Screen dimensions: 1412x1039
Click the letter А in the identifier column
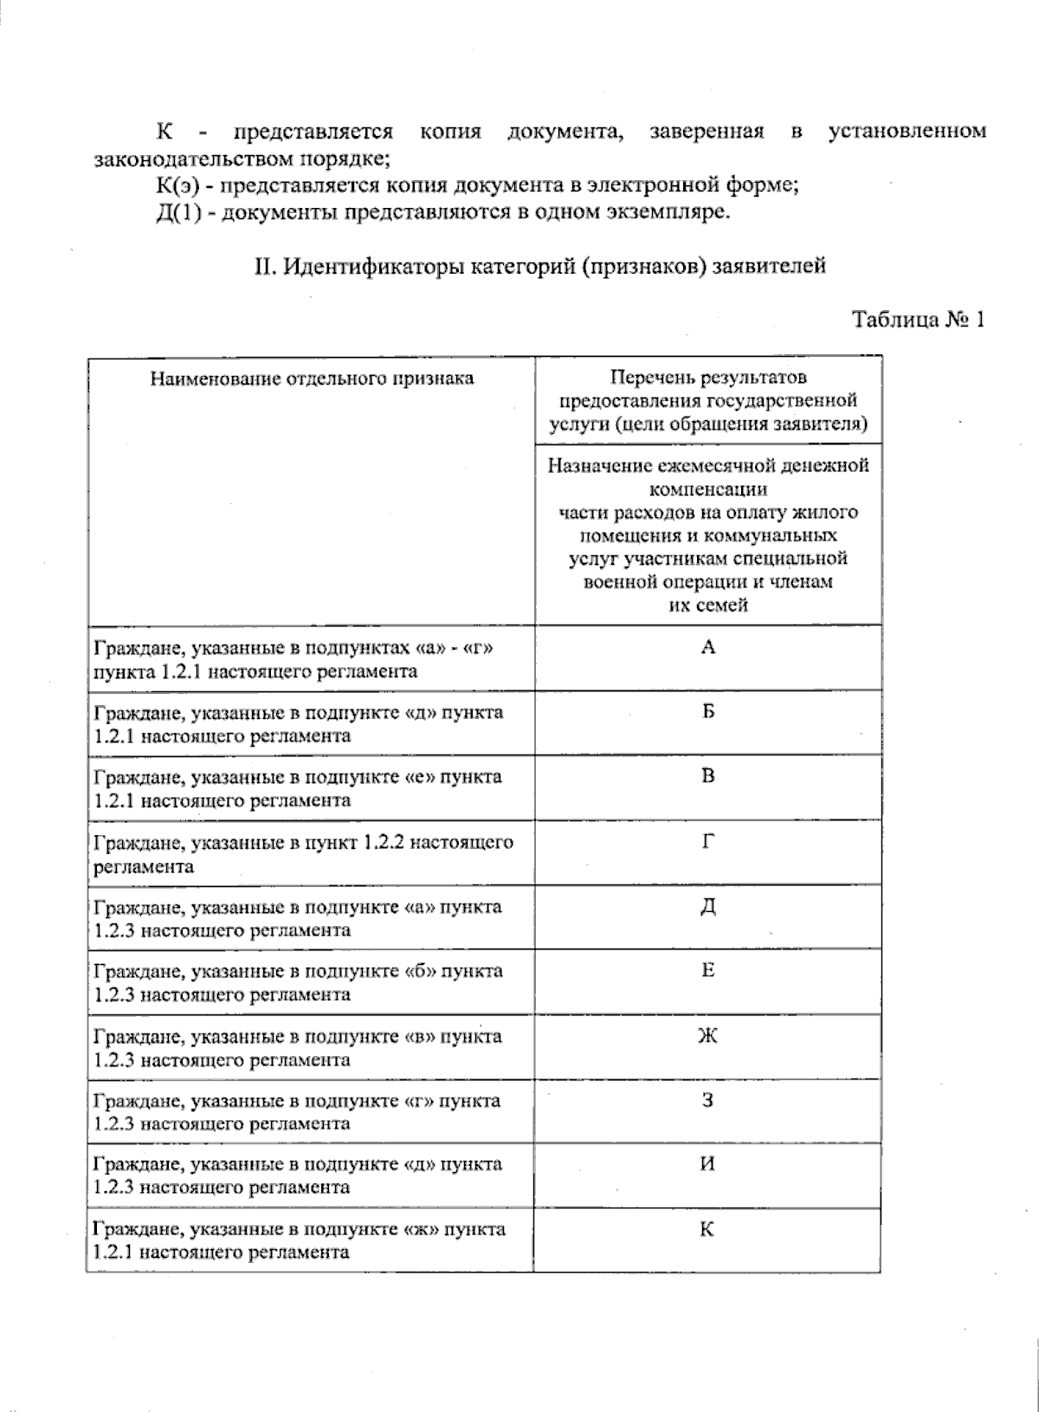tap(708, 647)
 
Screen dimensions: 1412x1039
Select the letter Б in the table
tap(708, 712)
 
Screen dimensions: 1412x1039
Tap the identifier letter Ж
tap(708, 1036)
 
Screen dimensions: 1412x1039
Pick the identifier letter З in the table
tap(708, 1101)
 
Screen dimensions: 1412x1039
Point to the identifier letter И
tap(708, 1164)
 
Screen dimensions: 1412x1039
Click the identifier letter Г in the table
tap(708, 841)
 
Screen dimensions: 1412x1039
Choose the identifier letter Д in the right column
tap(708, 907)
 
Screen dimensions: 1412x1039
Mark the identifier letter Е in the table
tap(708, 971)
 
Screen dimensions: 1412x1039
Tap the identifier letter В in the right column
tap(708, 776)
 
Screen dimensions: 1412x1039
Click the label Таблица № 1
tap(919, 320)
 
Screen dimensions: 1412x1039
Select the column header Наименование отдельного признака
tap(312, 379)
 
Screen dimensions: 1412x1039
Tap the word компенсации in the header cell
tap(707, 489)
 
